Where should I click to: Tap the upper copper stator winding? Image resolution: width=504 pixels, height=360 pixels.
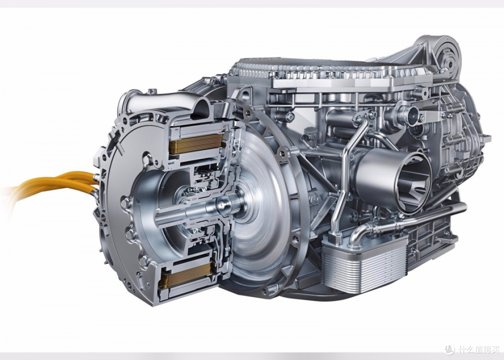point(196,143)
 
